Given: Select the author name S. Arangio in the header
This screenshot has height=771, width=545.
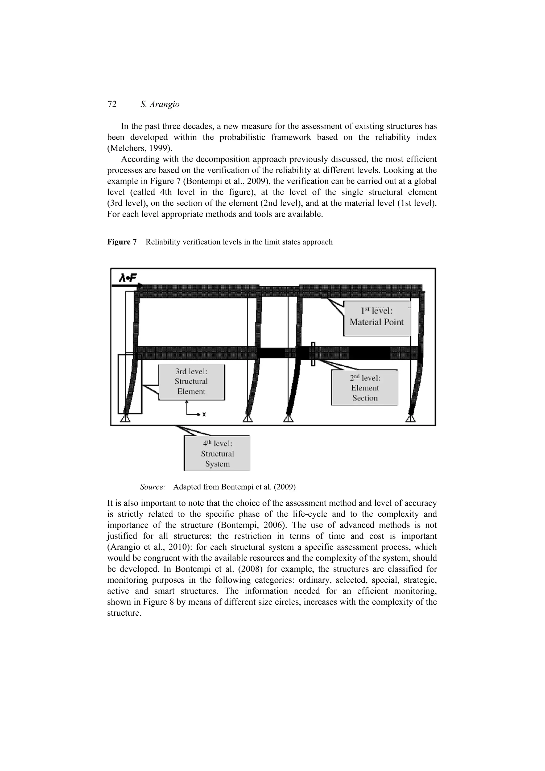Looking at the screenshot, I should tap(159, 105).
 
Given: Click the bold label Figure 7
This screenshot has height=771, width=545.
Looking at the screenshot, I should tap(122, 242).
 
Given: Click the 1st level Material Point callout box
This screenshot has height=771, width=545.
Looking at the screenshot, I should tap(377, 317).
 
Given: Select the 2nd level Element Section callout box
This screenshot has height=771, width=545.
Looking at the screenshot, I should tap(365, 388).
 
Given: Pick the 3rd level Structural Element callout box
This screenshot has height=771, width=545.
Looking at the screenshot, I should tap(191, 382).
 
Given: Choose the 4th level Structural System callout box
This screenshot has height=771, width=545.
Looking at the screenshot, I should tap(217, 454).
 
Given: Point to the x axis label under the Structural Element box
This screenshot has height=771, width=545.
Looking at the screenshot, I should tap(204, 415).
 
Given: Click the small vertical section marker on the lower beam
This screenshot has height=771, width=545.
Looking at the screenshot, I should tap(313, 354).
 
